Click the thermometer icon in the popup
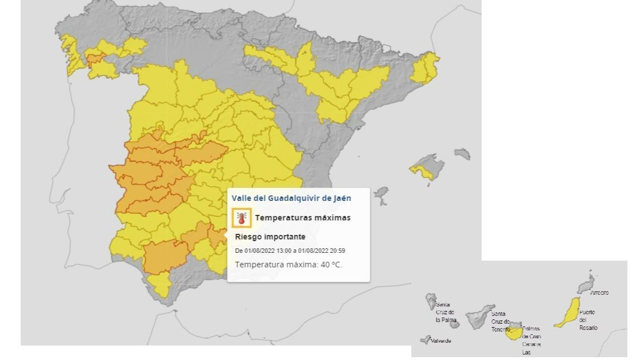(241, 218)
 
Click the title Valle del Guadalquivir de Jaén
(292, 198)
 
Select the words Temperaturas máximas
(303, 218)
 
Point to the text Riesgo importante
(270, 237)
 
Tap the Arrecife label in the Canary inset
(599, 292)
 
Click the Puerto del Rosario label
(588, 320)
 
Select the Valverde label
(441, 340)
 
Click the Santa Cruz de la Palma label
(445, 312)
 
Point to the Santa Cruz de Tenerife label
(500, 321)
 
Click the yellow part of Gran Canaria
(514, 333)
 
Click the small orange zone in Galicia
(93, 59)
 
